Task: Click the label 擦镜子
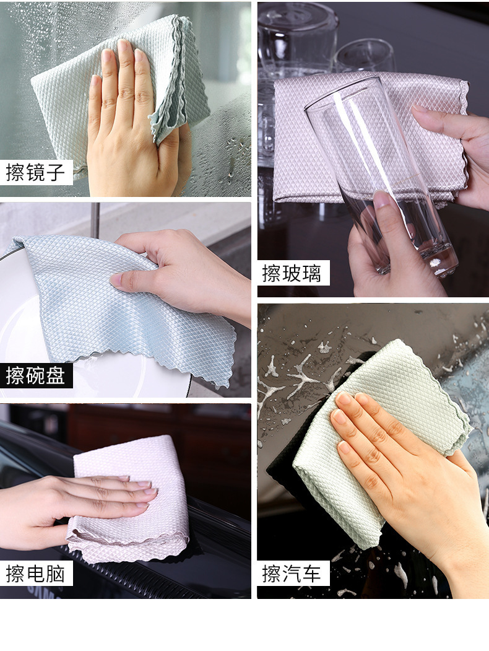click(35, 172)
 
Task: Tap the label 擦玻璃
click(292, 273)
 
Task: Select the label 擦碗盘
click(35, 376)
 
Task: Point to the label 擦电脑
click(35, 574)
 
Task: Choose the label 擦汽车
click(292, 574)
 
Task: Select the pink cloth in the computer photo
click(129, 498)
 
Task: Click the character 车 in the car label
click(312, 574)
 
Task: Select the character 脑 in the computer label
click(56, 574)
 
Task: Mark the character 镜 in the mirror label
click(35, 172)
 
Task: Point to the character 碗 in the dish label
click(35, 376)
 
